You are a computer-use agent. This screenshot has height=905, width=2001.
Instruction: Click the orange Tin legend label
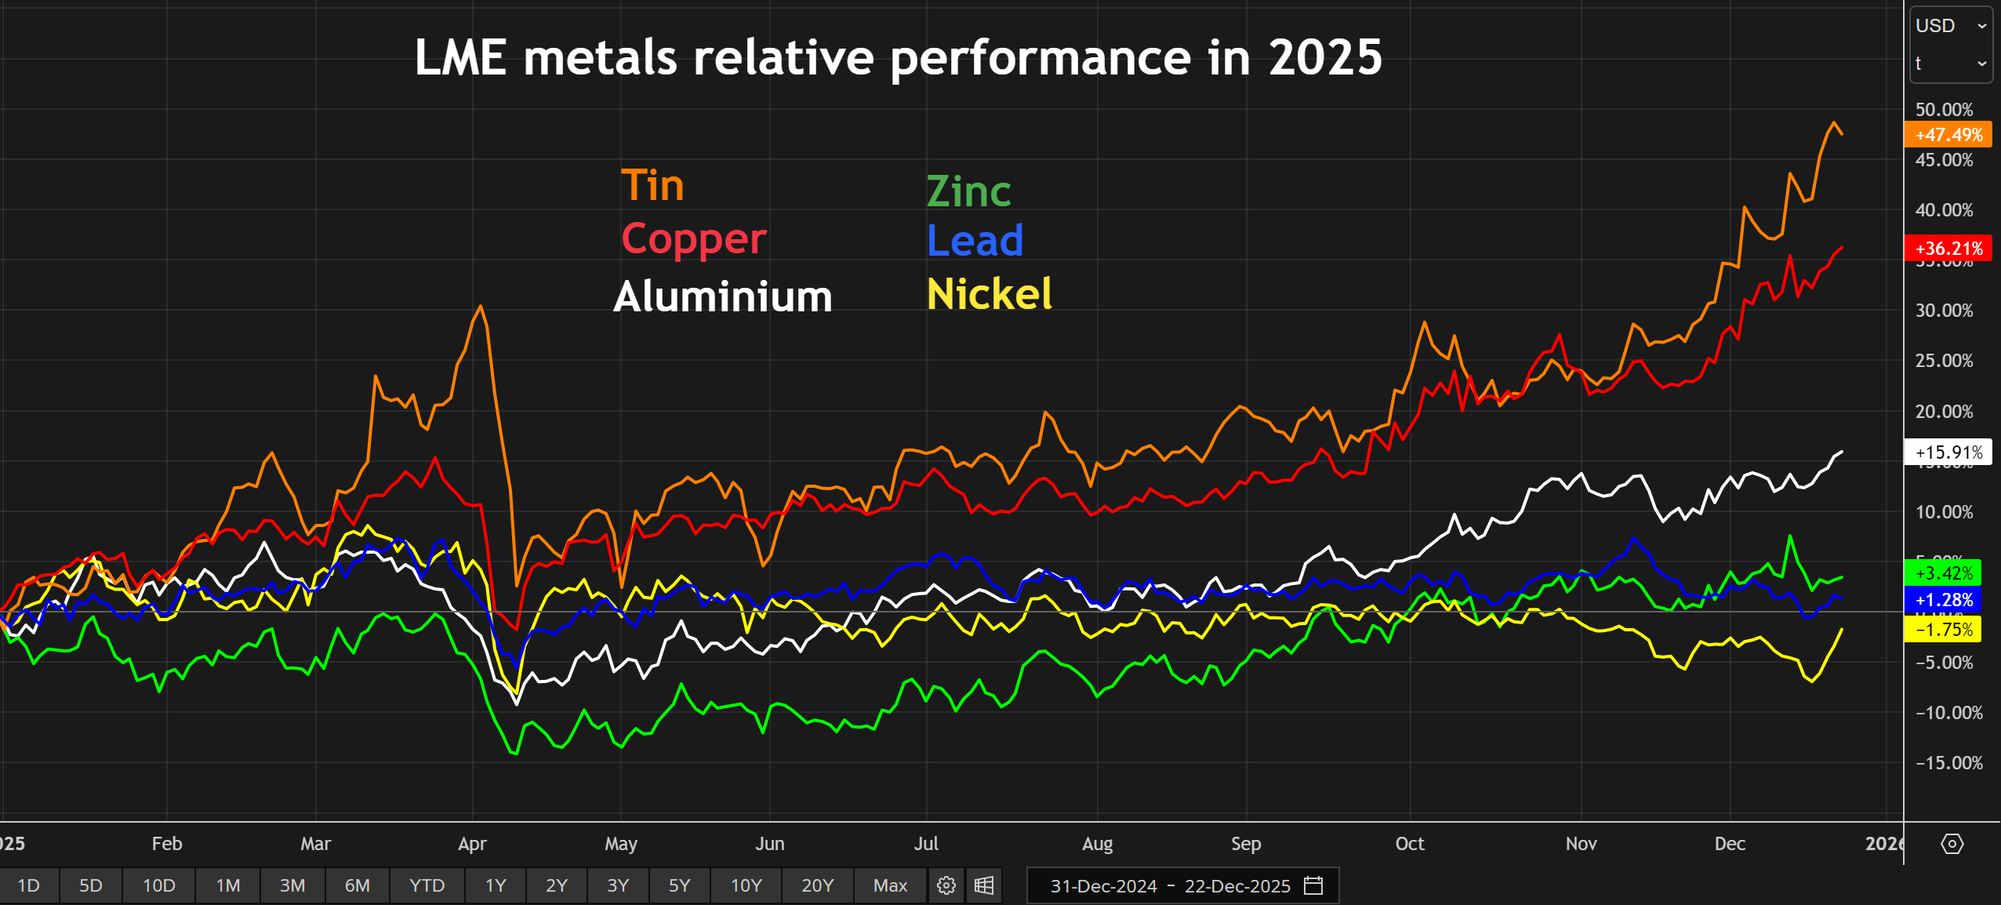(652, 186)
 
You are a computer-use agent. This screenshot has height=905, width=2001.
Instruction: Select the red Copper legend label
(693, 239)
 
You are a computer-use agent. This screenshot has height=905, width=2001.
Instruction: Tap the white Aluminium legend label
(722, 296)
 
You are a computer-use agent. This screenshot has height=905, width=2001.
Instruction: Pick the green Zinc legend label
(968, 191)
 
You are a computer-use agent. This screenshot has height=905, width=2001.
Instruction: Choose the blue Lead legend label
(975, 240)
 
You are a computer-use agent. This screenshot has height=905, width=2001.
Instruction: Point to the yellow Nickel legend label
(989, 294)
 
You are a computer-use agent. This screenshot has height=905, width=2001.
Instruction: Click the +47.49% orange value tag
(1948, 135)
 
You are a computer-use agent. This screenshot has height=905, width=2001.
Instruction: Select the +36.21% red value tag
(1948, 249)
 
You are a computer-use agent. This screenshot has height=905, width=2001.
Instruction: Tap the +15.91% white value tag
(1948, 452)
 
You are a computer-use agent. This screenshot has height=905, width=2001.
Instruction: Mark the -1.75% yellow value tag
(1943, 630)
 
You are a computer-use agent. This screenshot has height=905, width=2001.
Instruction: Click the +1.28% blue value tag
(1943, 601)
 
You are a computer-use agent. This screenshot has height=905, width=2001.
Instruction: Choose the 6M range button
(357, 885)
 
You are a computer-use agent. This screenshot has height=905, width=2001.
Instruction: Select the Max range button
(890, 885)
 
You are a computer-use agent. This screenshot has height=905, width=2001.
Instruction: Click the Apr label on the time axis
(472, 844)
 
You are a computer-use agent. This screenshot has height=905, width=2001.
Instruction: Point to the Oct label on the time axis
(1409, 844)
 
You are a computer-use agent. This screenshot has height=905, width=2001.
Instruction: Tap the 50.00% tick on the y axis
(1944, 110)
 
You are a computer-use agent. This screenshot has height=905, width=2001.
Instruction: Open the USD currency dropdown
(1950, 26)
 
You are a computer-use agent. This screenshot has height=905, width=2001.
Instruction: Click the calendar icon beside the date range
(1313, 885)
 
